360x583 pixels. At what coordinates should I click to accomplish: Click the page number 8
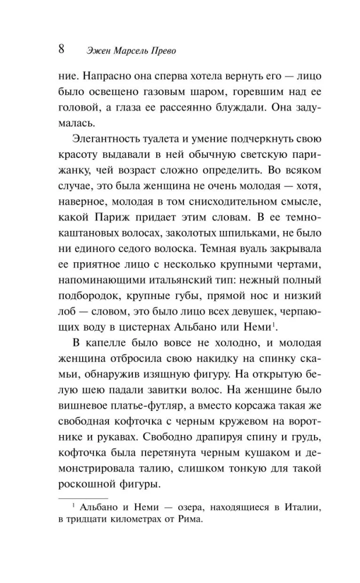pyautogui.click(x=62, y=48)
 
